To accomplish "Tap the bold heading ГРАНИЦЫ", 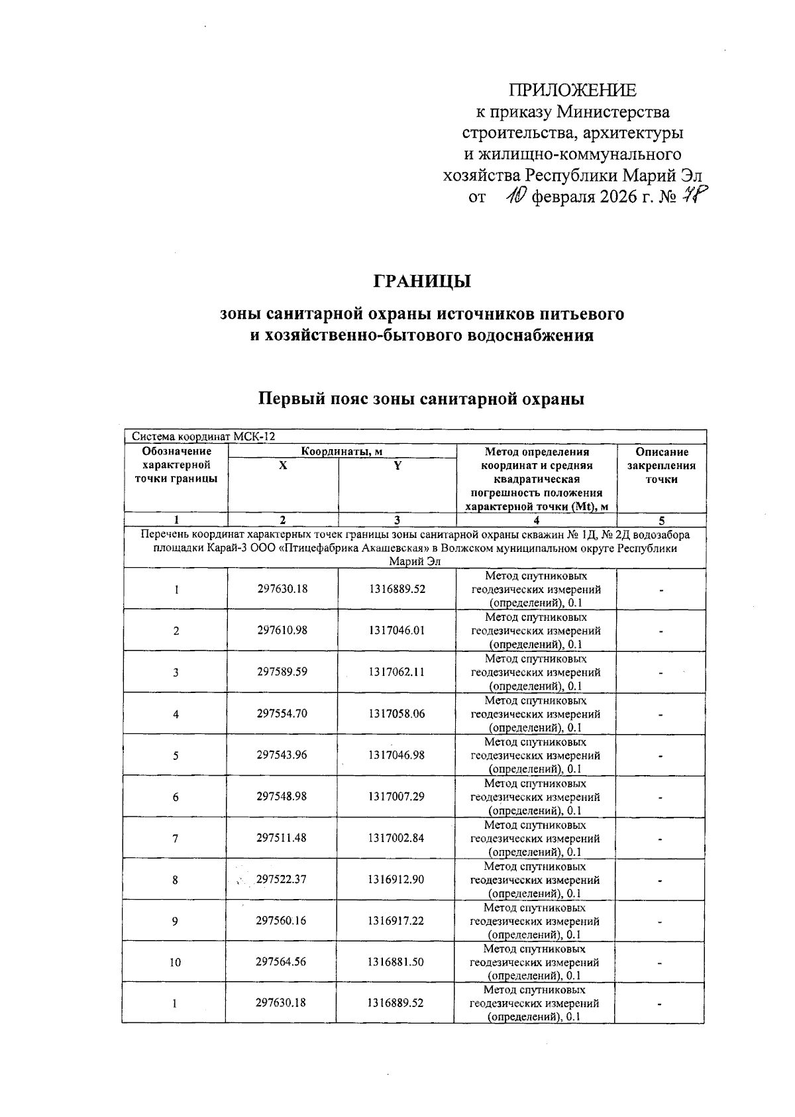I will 422,282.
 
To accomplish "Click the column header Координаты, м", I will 342,452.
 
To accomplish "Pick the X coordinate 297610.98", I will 282,631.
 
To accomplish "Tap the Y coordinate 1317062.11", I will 396,672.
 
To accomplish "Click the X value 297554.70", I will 282,714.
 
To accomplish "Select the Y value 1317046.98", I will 396,755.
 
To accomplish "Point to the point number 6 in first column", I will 176,797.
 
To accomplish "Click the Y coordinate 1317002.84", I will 396,838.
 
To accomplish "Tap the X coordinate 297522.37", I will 282,879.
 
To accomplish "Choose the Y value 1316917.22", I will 396,921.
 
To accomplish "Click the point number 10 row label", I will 175,963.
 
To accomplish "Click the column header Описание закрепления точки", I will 661,466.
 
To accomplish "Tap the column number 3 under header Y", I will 397,521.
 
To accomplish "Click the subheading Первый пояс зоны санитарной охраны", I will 421,399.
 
